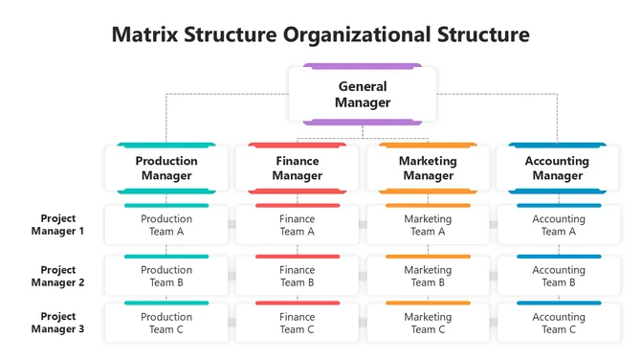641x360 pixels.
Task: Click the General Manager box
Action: click(363, 94)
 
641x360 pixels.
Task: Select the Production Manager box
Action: click(166, 169)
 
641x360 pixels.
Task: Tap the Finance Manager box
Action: click(297, 169)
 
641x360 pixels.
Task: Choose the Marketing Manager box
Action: click(428, 169)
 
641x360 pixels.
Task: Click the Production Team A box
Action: click(166, 225)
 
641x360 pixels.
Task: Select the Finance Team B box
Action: click(297, 276)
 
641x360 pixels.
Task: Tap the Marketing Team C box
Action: click(428, 324)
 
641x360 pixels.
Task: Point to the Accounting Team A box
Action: click(558, 225)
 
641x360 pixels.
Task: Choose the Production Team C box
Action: click(166, 324)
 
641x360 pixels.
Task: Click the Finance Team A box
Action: click(297, 225)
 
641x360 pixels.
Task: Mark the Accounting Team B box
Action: click(558, 276)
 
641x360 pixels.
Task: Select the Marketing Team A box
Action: click(428, 225)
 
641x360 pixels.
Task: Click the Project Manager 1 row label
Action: click(57, 225)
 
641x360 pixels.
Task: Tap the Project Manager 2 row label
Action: click(57, 276)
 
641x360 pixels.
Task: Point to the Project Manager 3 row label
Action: click(57, 323)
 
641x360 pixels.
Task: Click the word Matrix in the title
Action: click(146, 35)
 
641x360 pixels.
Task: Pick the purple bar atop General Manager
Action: click(363, 66)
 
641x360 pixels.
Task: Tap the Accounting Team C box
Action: click(558, 324)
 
